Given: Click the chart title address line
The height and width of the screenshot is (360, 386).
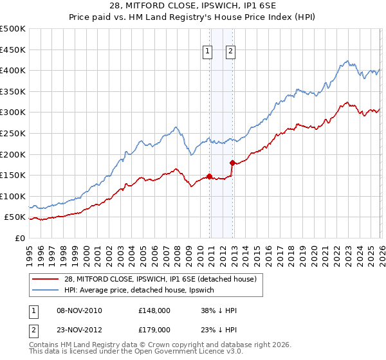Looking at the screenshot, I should click(x=193, y=7).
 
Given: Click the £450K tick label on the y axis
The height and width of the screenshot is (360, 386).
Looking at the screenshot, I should click(x=13, y=50).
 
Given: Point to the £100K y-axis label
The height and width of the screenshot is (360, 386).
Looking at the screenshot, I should click(x=13, y=196).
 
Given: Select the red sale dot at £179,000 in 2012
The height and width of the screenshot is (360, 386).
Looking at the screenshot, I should click(x=232, y=163).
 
